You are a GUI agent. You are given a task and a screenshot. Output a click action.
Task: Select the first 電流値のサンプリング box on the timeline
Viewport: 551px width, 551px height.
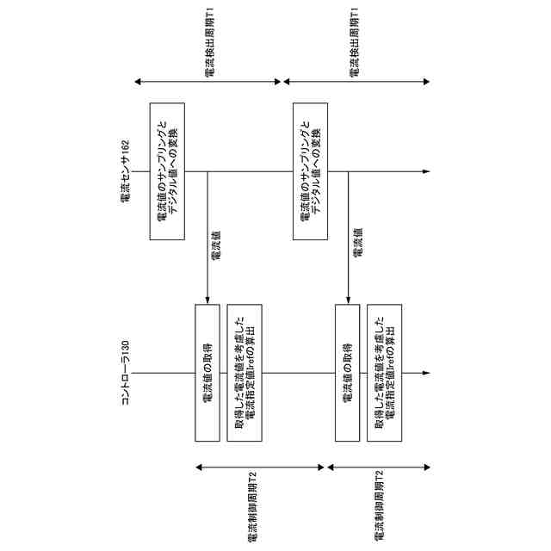pos(168,172)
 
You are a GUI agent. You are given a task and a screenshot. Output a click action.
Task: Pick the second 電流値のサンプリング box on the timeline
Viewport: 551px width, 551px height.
pos(312,172)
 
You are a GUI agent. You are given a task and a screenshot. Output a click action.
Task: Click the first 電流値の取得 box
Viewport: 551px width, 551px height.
pos(207,373)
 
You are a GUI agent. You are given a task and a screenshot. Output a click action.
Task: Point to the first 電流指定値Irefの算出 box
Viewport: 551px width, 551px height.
pos(245,373)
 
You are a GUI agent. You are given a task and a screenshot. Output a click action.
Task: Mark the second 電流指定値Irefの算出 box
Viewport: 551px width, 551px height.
pos(384,373)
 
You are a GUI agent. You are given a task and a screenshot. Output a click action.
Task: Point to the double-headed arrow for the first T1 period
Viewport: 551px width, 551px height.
pos(208,82)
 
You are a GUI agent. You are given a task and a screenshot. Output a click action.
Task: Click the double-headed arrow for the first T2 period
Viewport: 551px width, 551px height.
pos(261,467)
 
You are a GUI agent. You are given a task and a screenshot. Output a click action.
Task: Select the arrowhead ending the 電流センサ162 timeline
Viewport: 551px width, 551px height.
pos(425,172)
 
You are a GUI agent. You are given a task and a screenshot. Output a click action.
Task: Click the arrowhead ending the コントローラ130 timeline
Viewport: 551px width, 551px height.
pos(425,373)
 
